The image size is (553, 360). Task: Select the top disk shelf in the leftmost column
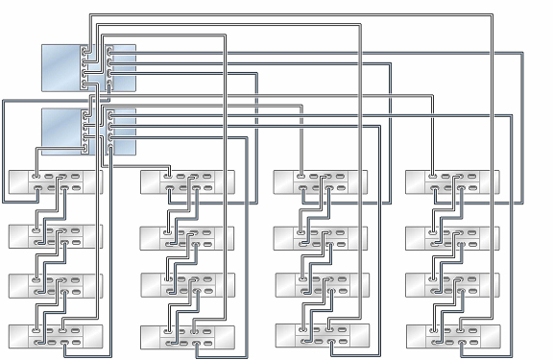pos(55,181)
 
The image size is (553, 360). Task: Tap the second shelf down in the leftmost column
pos(55,235)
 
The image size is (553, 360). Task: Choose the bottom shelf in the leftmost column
pos(55,337)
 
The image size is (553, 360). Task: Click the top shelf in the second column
pos(187,181)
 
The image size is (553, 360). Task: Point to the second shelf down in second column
pos(187,235)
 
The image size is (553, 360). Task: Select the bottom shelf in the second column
pos(187,337)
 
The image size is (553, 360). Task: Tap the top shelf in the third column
pos(321,181)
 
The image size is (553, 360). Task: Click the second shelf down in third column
pos(321,235)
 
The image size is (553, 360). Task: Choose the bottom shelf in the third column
pos(321,337)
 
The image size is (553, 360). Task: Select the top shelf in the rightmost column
pos(453,181)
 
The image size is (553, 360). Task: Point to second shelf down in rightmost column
pos(453,235)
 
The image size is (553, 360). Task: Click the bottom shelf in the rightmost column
pos(453,337)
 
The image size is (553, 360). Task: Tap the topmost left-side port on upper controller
pos(86,51)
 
